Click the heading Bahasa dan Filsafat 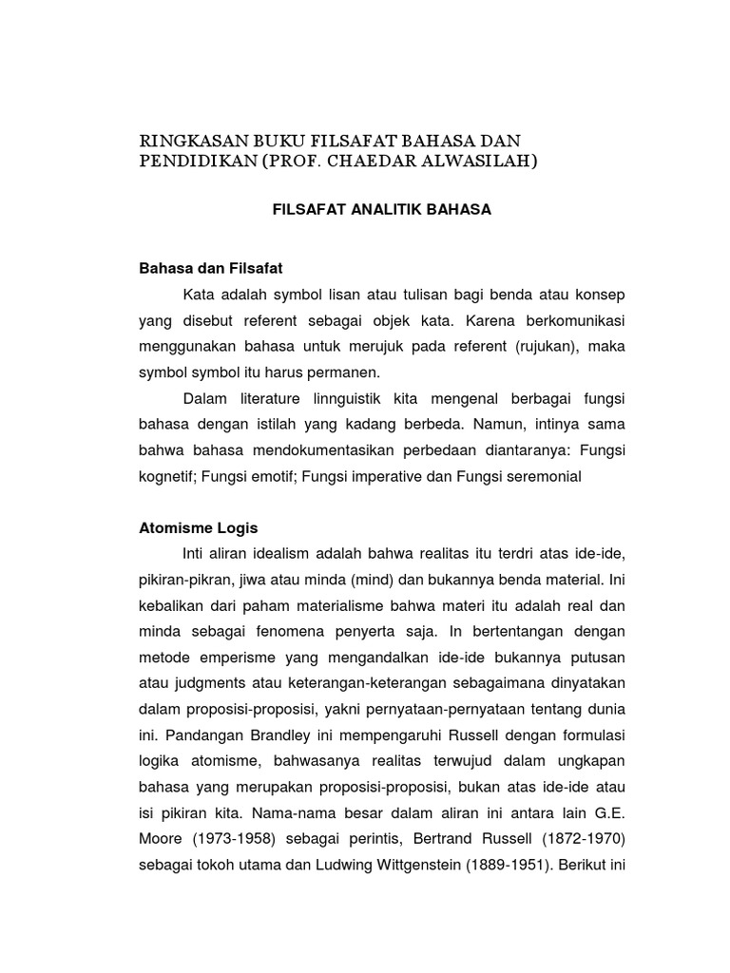(211, 269)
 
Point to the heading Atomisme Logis (199, 527)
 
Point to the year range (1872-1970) (568, 838)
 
